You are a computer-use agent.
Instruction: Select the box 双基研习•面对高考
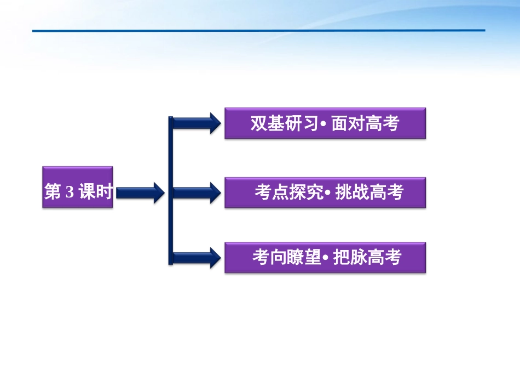(x=325, y=123)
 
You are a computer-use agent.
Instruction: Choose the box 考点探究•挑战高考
(x=325, y=192)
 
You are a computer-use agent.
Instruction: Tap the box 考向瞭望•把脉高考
(x=325, y=257)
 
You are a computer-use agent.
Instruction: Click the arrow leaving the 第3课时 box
(x=140, y=192)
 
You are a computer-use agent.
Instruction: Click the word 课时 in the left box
(x=95, y=192)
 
